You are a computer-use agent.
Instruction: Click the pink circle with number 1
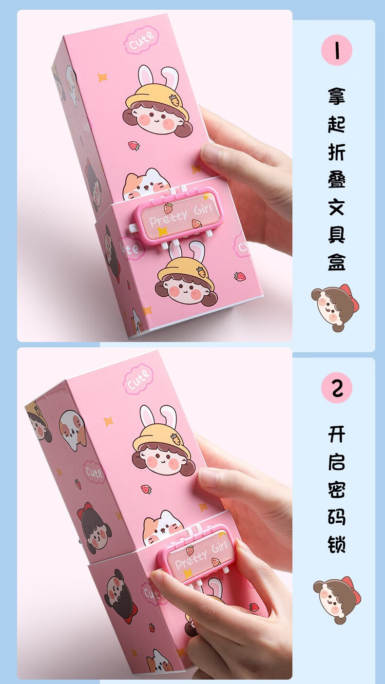[336, 50]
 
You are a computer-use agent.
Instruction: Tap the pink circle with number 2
[336, 388]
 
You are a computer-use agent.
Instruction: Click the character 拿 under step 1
[336, 95]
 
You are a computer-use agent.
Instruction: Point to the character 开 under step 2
[336, 434]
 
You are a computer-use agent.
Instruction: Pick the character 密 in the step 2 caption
[336, 489]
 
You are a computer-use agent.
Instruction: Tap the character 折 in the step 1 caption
[336, 152]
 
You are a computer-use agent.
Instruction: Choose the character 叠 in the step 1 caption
[336, 180]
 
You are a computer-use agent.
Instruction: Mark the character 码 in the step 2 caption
[336, 516]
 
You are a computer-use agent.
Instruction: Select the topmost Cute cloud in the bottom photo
[138, 379]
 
